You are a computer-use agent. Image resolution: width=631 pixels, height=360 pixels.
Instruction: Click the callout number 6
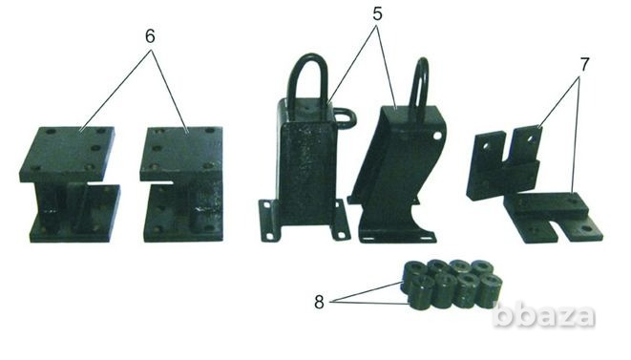[x=150, y=36]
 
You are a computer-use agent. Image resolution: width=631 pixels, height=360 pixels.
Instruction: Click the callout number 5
[x=377, y=13]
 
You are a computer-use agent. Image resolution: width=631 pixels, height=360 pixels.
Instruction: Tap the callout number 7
[x=584, y=64]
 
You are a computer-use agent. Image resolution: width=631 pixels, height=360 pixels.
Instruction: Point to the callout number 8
[x=319, y=302]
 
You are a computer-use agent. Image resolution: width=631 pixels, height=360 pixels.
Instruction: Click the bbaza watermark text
[x=544, y=315]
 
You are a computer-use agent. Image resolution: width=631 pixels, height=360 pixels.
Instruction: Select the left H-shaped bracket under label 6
[x=70, y=184]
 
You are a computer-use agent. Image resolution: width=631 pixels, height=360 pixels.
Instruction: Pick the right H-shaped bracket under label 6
[x=182, y=184]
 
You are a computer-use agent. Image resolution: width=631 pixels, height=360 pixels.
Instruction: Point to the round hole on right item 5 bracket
[x=436, y=137]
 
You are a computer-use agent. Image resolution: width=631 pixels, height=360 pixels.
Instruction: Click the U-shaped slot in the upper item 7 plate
[x=510, y=148]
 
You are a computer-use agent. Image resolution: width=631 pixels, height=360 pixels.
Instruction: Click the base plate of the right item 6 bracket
[x=183, y=214]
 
